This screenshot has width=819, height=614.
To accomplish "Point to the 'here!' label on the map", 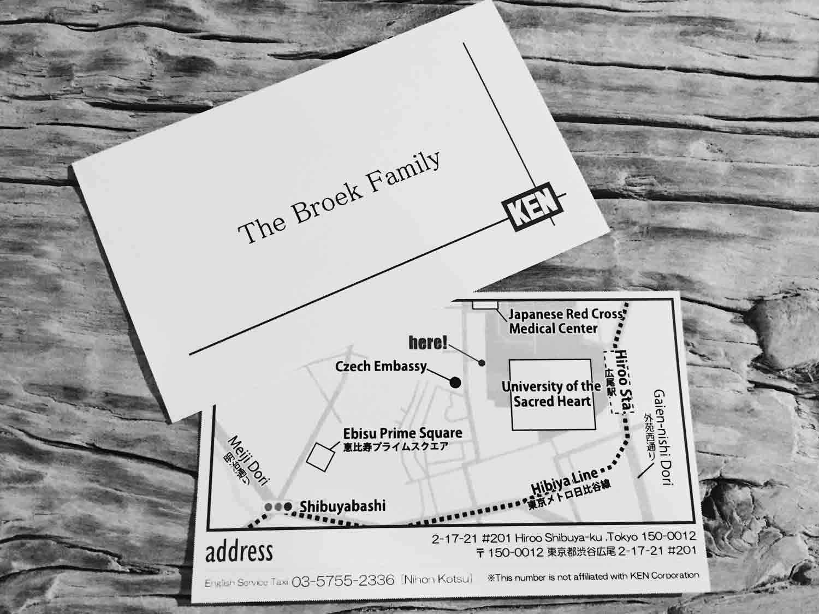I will [429, 343].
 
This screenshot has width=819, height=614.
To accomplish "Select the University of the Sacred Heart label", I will [551, 394].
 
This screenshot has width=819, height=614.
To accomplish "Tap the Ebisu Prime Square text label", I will [402, 434].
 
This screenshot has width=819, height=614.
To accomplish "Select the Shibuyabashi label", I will [342, 506].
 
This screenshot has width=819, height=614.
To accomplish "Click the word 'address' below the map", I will [239, 552].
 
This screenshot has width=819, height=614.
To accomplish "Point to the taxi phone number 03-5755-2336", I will [343, 581].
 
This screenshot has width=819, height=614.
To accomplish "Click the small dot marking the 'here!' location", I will [482, 363].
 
